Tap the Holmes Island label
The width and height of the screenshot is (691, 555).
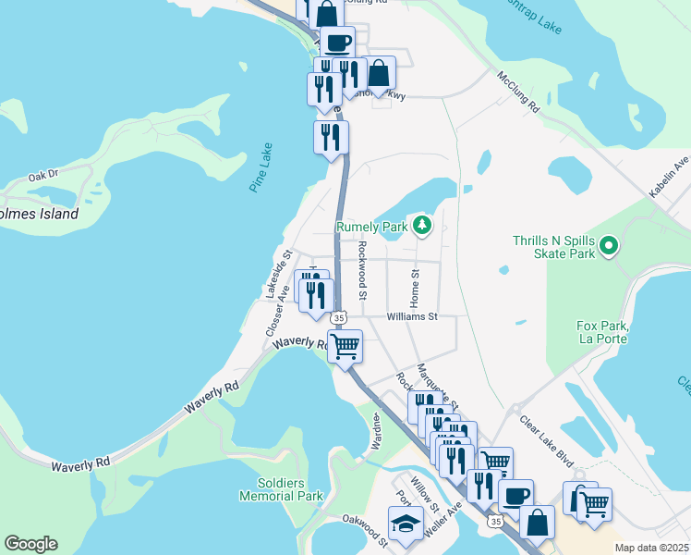(x=39, y=214)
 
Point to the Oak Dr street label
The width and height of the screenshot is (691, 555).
(x=42, y=174)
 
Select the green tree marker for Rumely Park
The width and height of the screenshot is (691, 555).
(x=422, y=225)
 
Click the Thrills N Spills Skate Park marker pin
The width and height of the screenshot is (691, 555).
(x=608, y=246)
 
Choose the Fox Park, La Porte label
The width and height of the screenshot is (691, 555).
(x=601, y=332)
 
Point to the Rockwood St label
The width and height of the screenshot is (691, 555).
(x=363, y=271)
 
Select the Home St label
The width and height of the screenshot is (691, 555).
(x=416, y=290)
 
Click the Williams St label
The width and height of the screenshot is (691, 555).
(x=411, y=316)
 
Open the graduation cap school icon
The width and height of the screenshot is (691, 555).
(x=404, y=524)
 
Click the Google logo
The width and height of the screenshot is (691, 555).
(x=30, y=544)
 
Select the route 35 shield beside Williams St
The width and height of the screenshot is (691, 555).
(x=339, y=317)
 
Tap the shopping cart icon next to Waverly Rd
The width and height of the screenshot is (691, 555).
(x=345, y=347)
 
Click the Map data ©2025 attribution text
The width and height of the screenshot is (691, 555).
(x=651, y=548)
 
